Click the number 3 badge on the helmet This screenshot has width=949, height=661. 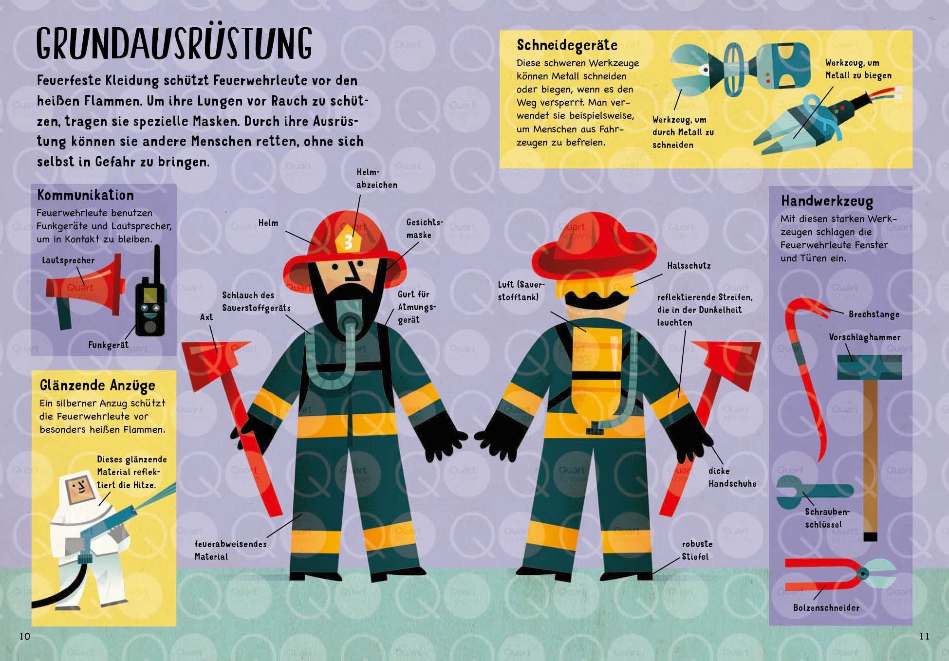click(348, 241)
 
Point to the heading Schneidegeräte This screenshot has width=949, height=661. click(567, 45)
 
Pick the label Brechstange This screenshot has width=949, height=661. click(874, 314)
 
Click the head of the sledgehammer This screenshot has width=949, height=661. click(869, 367)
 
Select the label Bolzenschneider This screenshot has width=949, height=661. click(826, 607)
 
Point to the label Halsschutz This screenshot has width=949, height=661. click(688, 266)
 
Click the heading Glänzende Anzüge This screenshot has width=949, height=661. click(97, 386)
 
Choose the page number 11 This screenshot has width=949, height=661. click(924, 636)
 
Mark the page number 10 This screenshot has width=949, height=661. click(25, 636)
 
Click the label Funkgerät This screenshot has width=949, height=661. click(108, 345)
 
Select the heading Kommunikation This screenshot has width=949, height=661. click(85, 195)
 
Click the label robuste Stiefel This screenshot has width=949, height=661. click(697, 550)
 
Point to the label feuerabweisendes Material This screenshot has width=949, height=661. click(230, 550)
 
